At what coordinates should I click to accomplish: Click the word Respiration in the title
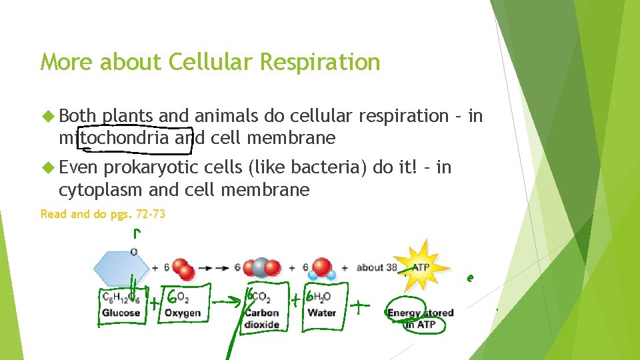(x=320, y=62)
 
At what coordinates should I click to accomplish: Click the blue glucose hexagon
(x=120, y=268)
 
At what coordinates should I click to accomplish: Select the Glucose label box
(x=121, y=305)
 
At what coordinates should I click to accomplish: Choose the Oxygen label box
(x=182, y=305)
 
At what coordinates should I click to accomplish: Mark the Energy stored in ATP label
(x=420, y=318)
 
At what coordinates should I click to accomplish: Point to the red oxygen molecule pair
(x=183, y=268)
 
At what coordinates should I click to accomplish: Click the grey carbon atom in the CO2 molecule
(x=261, y=267)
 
